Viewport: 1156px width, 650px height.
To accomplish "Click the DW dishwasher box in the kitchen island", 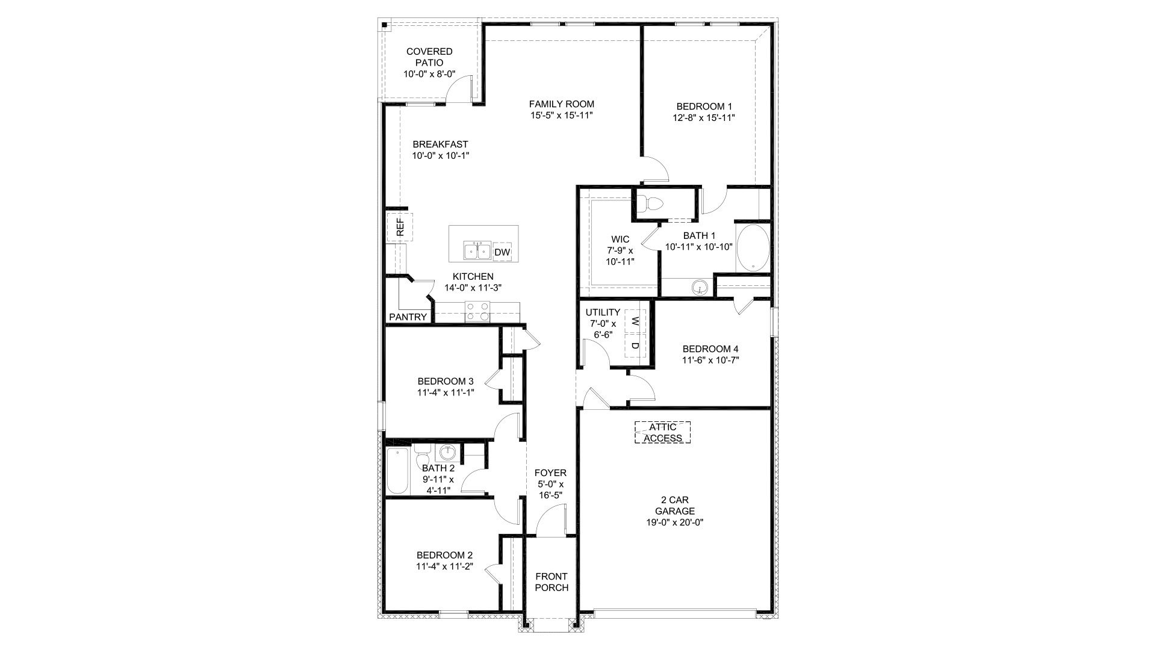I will click(502, 252).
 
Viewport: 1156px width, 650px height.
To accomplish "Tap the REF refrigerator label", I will click(400, 227).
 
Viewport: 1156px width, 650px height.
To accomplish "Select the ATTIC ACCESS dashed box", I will click(662, 433).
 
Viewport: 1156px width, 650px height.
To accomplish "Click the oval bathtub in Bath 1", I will click(753, 247).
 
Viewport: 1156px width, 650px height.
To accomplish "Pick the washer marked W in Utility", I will click(635, 321).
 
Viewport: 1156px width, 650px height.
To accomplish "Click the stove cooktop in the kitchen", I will click(477, 311).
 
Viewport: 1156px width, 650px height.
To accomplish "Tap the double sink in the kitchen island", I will click(476, 250).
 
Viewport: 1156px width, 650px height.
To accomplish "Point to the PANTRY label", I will click(408, 317).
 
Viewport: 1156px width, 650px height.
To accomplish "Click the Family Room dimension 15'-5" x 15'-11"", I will click(562, 116).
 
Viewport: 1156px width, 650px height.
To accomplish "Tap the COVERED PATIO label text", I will click(429, 57).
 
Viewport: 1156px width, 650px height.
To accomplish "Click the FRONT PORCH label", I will click(552, 582).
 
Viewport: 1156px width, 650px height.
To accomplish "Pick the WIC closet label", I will click(620, 240).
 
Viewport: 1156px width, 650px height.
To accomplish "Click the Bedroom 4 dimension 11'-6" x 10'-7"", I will click(710, 361).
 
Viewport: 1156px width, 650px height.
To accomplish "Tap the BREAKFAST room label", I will click(440, 144).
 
